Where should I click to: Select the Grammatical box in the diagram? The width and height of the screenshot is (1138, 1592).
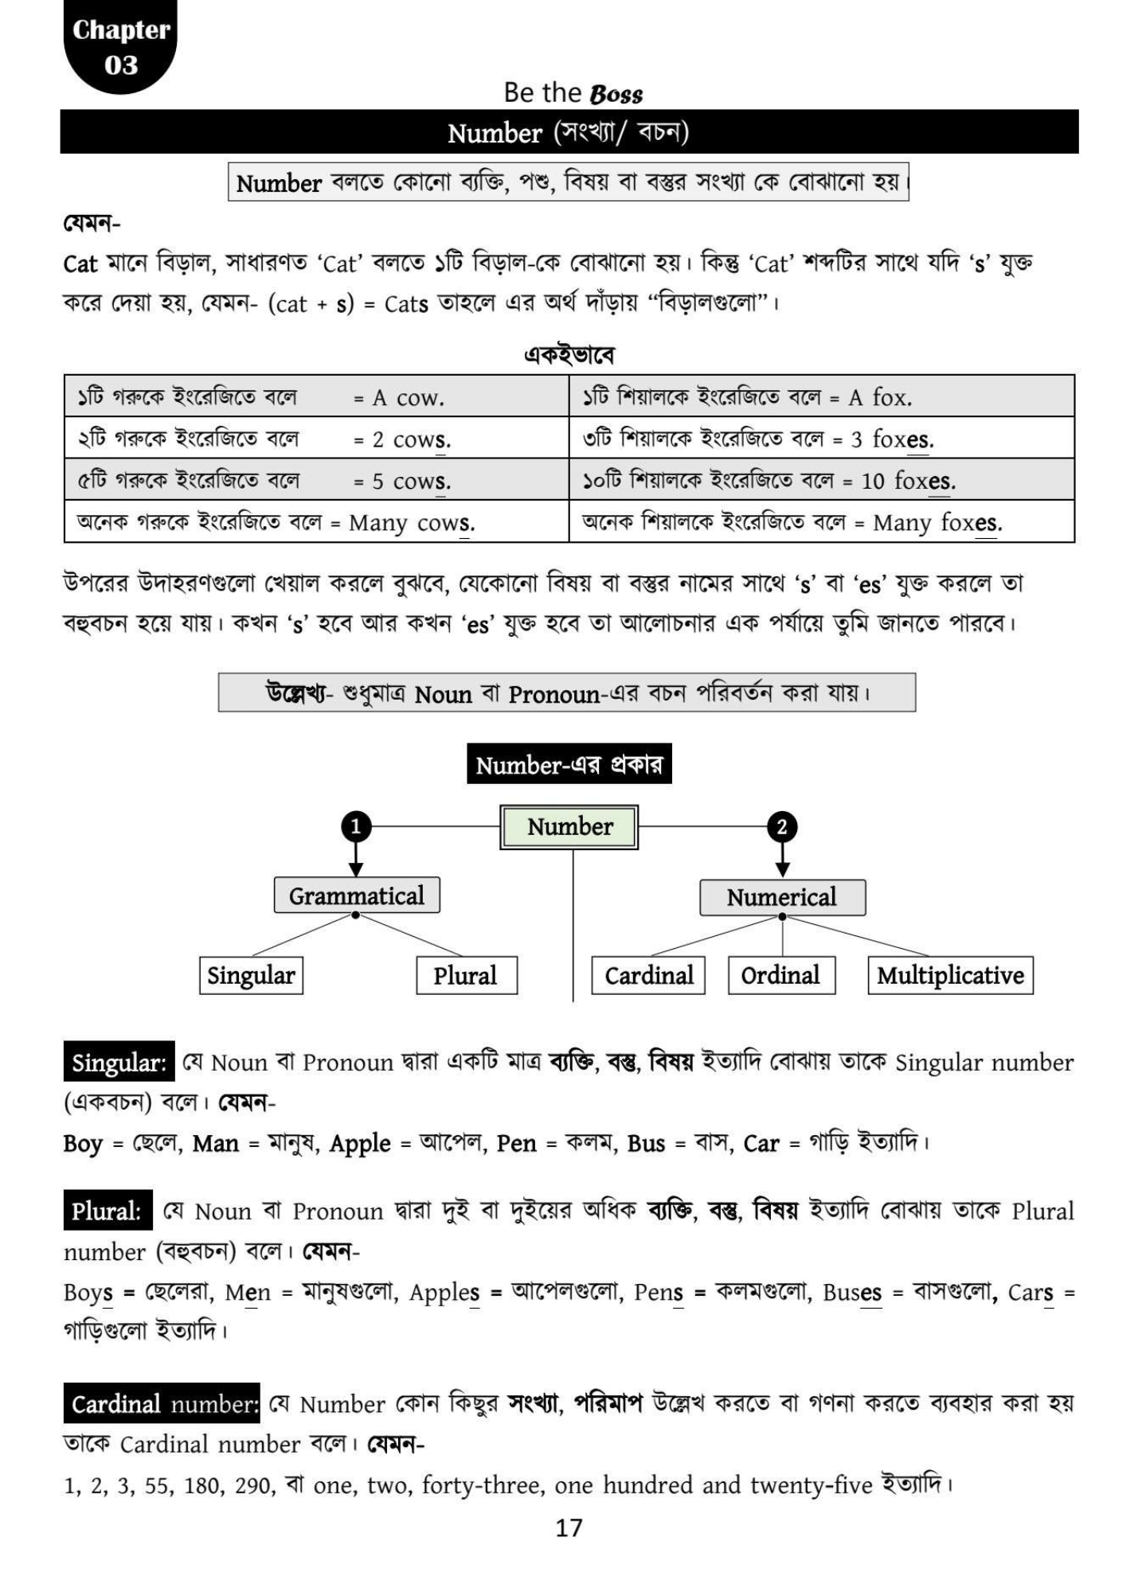coord(356,896)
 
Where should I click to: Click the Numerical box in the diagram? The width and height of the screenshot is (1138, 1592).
coord(782,898)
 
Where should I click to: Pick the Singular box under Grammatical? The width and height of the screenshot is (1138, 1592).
coord(251,976)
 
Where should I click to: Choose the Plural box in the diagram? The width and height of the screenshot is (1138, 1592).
coord(466,976)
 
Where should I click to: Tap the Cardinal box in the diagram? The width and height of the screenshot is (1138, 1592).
coord(648,976)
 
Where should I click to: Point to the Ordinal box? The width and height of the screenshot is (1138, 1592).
coord(781,976)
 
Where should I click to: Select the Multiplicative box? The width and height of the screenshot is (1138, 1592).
coord(950,976)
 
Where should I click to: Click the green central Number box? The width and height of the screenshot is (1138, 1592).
coord(569,827)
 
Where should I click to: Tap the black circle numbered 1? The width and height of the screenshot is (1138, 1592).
coord(356,827)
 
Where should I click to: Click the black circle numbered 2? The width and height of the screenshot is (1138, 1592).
coord(782,827)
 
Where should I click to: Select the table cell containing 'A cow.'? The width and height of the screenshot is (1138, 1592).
coord(316,396)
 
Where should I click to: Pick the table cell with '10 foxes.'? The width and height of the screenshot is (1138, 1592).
coord(822,480)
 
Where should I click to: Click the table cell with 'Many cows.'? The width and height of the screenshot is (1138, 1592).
coord(316,522)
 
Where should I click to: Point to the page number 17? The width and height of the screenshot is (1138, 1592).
coord(569,1528)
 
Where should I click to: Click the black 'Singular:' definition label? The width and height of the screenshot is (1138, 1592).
coord(119,1062)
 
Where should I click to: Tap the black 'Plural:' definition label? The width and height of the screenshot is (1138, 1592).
coord(107,1211)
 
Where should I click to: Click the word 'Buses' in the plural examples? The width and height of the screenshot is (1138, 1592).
coord(852,1292)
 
